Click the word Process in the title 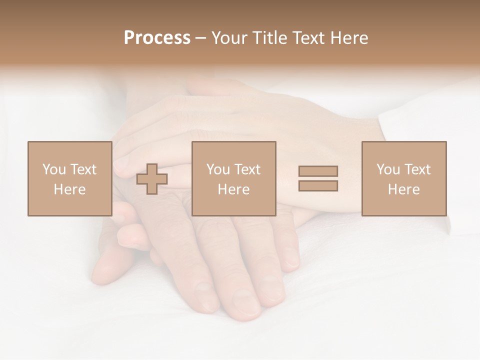pos(157,38)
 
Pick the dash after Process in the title pos(201,38)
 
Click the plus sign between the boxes pos(152,179)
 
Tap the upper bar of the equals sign pos(318,171)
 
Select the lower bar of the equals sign pos(318,186)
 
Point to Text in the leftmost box pos(82,169)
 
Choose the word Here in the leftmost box pos(69,189)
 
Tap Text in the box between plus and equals pos(246,169)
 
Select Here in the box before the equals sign pos(233,189)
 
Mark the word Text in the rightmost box pos(416,169)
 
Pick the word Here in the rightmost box pos(403,189)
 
